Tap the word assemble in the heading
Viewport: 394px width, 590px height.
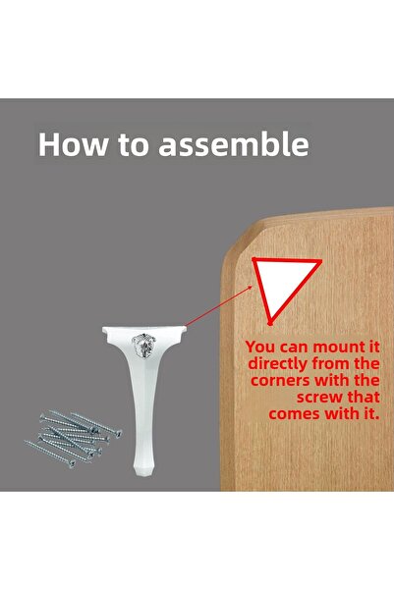[x=234, y=143]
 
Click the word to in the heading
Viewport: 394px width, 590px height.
[x=134, y=144]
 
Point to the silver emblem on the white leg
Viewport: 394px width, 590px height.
[x=143, y=346]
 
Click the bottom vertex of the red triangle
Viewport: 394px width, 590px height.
[x=270, y=323]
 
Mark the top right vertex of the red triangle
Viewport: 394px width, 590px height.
[x=321, y=260]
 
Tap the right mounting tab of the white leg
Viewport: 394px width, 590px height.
[x=182, y=329]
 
